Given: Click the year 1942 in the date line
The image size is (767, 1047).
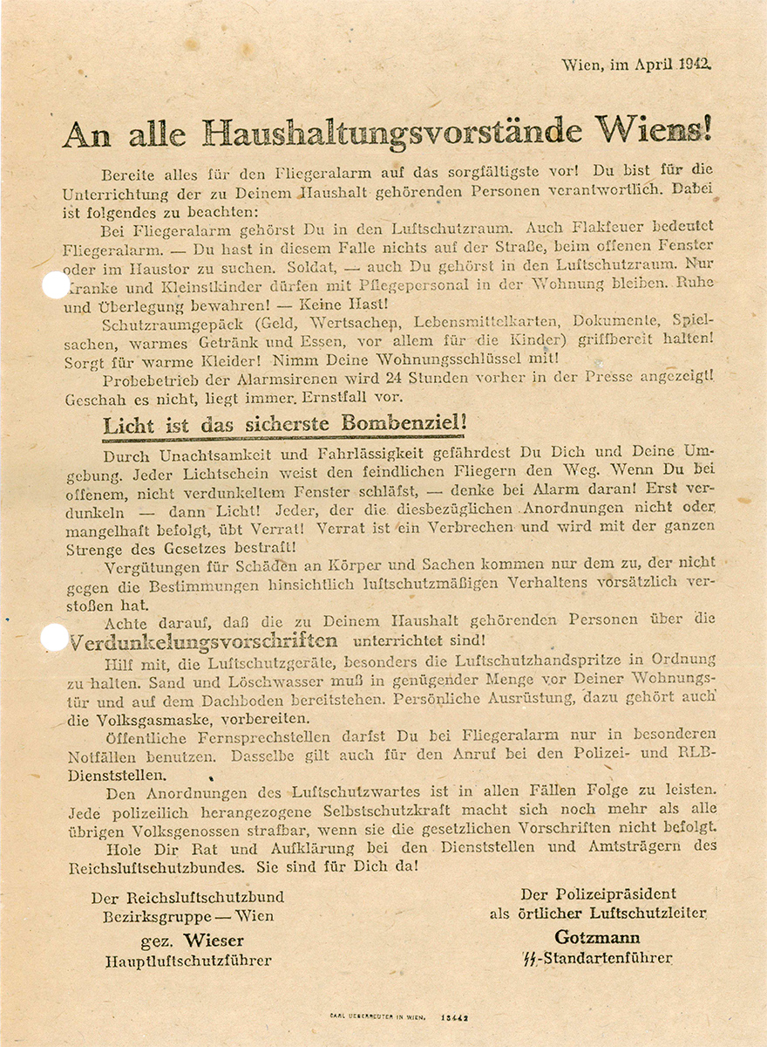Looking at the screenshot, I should tap(692, 64).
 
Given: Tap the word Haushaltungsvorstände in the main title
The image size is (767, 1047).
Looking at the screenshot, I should tap(392, 132).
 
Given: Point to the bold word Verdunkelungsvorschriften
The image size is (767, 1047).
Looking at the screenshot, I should tap(203, 643).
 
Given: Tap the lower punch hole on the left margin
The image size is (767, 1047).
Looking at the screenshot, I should tap(55, 638).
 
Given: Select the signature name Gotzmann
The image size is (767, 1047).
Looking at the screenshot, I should tap(597, 938).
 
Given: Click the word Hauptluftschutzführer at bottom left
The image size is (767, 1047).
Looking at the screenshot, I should tap(187, 961).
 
